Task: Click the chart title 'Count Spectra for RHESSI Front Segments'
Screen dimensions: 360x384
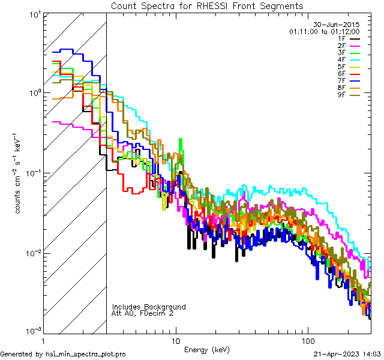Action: pyautogui.click(x=207, y=6)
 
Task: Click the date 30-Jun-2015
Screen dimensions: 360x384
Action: pyautogui.click(x=337, y=25)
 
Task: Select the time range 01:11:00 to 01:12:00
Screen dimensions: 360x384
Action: pyautogui.click(x=324, y=31)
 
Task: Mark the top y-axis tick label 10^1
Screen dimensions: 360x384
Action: pyautogui.click(x=34, y=13)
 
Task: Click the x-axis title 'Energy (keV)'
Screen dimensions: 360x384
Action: pyautogui.click(x=207, y=349)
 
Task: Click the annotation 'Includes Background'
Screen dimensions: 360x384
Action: pyautogui.click(x=149, y=307)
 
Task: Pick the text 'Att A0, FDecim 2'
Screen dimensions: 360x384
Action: pyautogui.click(x=142, y=313)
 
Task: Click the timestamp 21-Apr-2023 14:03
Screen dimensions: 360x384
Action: pyautogui.click(x=347, y=354)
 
